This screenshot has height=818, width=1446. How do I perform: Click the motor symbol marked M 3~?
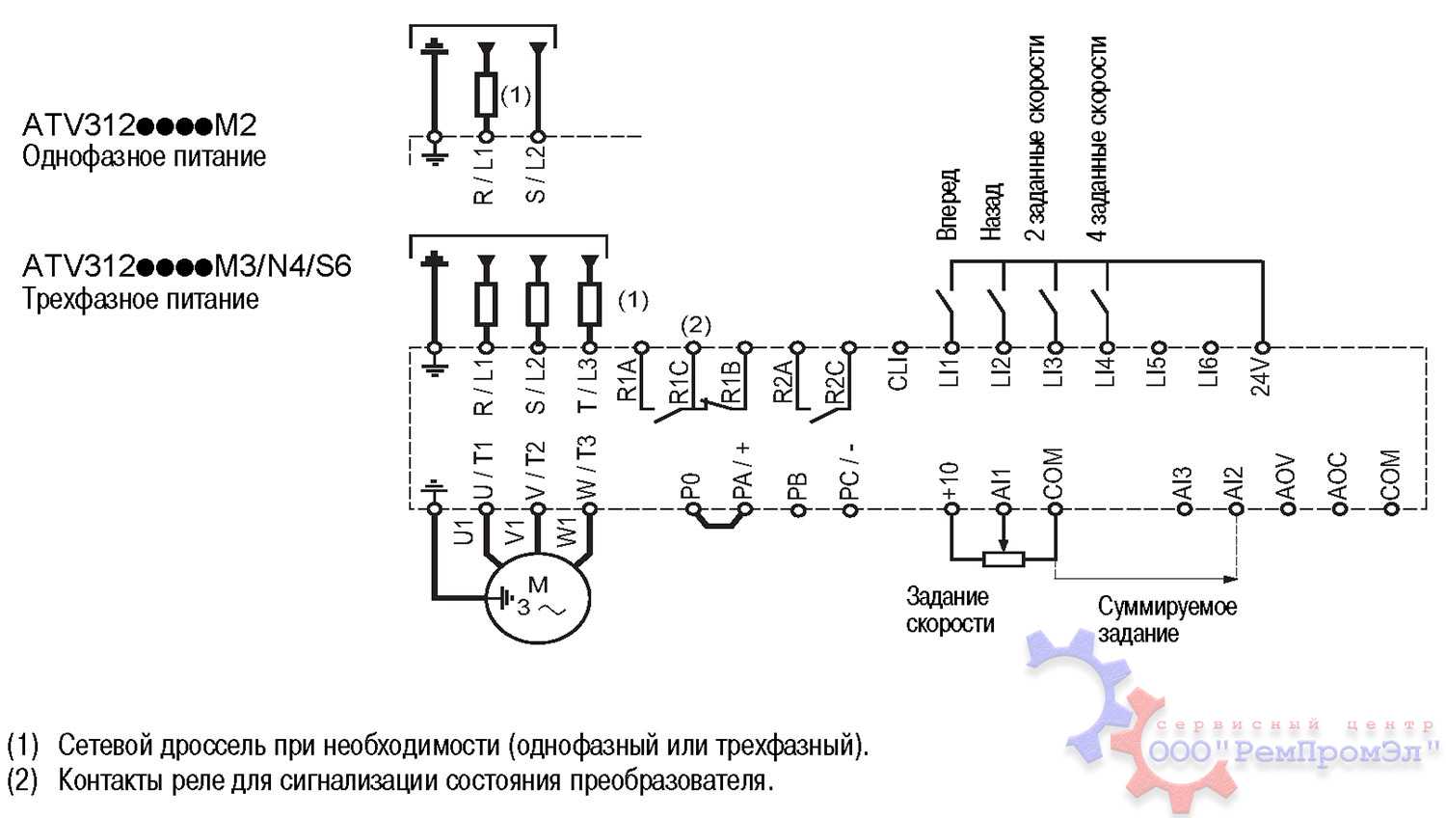(x=537, y=598)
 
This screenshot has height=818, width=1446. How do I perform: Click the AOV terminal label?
(x=1286, y=475)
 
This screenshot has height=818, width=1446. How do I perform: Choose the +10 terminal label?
(x=950, y=479)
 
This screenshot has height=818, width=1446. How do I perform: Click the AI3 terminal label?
(x=1184, y=483)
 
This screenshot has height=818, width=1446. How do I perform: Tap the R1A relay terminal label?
(x=628, y=379)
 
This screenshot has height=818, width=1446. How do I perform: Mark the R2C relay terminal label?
(x=836, y=379)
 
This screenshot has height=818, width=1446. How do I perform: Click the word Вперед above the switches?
(x=948, y=204)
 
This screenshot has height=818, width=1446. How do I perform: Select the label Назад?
(x=992, y=211)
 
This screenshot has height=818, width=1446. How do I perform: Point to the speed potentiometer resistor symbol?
(x=1004, y=559)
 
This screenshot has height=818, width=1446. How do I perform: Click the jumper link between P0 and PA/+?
(x=717, y=524)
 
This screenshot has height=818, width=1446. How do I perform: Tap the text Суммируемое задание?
(x=1166, y=620)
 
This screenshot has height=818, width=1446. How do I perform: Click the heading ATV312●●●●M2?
(x=140, y=125)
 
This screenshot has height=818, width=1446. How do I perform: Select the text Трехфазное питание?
(x=141, y=299)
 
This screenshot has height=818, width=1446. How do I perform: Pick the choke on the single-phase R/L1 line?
(x=486, y=95)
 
